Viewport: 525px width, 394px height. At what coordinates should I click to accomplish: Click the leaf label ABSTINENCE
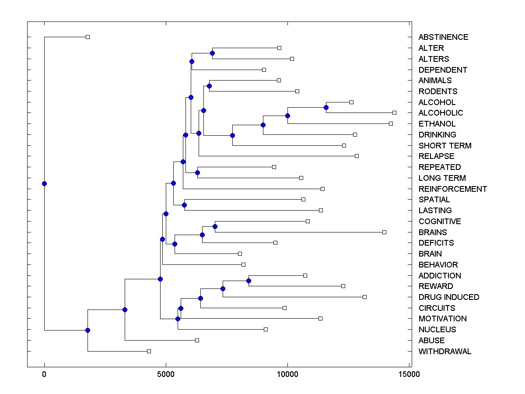[x=443, y=37]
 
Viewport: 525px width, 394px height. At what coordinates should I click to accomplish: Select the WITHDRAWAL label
[x=445, y=352]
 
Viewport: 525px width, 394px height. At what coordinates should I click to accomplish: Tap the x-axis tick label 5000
[x=166, y=374]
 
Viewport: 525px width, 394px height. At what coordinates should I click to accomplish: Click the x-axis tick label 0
[x=44, y=374]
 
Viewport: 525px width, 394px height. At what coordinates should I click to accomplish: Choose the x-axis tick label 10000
[x=287, y=374]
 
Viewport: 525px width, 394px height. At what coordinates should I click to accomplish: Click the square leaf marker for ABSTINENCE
[x=87, y=37]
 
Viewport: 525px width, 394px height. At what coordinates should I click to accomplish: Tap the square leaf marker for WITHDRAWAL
[x=149, y=351]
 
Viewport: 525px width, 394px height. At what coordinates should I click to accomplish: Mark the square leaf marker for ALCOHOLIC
[x=394, y=113]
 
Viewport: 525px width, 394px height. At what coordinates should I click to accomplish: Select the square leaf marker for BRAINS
[x=384, y=232]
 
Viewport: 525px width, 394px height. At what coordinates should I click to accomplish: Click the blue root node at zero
[x=44, y=183]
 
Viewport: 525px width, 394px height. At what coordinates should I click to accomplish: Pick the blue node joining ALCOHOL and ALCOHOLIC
[x=326, y=107]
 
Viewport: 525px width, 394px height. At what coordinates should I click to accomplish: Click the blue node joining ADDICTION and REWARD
[x=248, y=281]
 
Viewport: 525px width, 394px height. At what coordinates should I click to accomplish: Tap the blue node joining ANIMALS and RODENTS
[x=209, y=86]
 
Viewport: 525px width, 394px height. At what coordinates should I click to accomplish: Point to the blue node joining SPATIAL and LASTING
[x=184, y=205]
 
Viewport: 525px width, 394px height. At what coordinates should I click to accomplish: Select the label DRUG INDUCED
[x=449, y=297]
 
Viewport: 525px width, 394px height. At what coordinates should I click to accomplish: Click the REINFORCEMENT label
[x=453, y=189]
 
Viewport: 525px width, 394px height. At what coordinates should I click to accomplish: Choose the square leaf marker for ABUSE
[x=197, y=340]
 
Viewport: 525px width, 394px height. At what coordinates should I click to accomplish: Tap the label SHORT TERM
[x=445, y=146]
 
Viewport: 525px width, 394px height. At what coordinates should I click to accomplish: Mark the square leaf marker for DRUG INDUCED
[x=364, y=297]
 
